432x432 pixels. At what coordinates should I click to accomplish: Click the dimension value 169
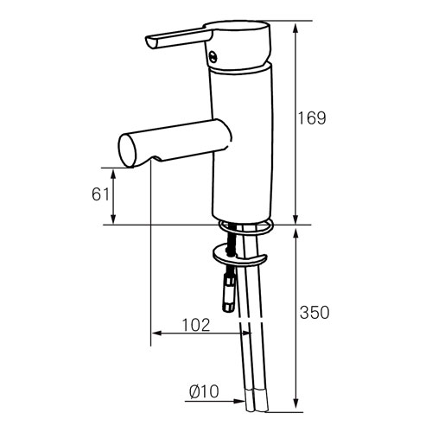click(x=312, y=118)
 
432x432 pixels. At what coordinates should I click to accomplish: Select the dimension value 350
click(x=314, y=313)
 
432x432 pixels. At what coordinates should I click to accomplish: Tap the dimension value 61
click(x=100, y=194)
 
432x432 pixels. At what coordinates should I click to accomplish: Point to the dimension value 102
click(x=196, y=325)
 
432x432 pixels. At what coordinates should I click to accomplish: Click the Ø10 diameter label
click(x=204, y=391)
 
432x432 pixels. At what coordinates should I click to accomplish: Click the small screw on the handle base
click(x=213, y=55)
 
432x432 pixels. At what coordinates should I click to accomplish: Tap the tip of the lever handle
click(x=150, y=43)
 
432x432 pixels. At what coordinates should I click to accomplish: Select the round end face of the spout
click(x=127, y=150)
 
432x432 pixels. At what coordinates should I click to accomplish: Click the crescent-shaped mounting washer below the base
click(x=240, y=256)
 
